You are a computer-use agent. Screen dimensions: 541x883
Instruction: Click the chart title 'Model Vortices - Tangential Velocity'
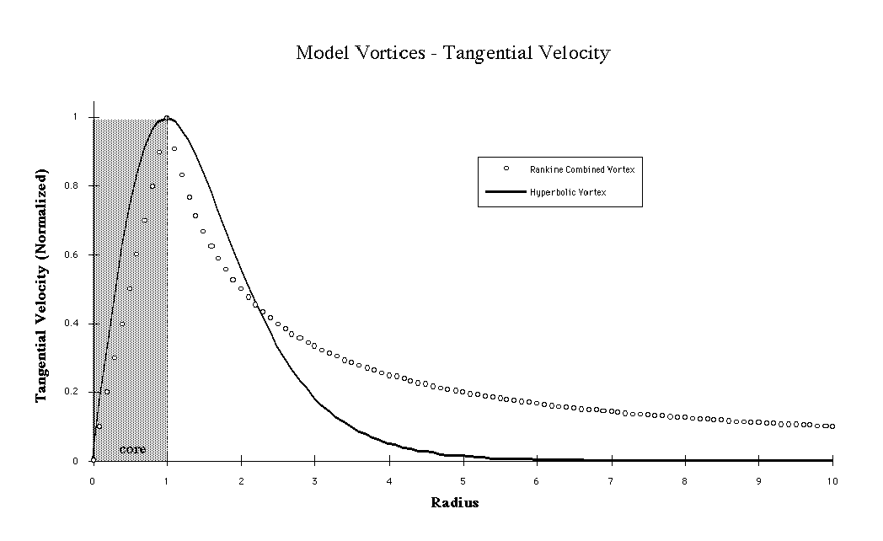[452, 53]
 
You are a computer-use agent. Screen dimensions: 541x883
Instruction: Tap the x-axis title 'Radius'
[454, 503]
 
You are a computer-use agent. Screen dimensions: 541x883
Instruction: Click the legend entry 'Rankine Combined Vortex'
[581, 169]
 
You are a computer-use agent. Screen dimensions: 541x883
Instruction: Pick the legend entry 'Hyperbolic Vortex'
[568, 193]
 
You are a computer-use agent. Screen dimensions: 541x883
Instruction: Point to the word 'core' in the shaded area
[132, 449]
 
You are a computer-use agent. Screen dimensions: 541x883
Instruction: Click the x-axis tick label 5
[463, 481]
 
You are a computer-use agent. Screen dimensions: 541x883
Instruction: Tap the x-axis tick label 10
[832, 481]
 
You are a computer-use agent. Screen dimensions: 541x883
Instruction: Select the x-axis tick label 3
[314, 481]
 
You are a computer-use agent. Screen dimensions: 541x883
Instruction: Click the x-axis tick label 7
[611, 481]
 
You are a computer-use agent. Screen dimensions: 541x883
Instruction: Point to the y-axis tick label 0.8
[77, 185]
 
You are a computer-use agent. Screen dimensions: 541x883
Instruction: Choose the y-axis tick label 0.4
[77, 324]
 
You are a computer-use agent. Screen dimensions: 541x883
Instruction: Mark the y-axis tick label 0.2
[77, 392]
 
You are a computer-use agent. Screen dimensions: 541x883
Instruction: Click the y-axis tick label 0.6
[77, 254]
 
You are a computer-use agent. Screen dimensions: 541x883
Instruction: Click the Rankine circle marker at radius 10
[832, 426]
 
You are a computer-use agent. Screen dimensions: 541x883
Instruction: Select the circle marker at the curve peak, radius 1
[167, 118]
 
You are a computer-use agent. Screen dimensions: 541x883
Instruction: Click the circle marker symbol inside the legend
[506, 169]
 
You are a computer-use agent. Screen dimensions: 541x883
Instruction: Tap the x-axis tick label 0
[93, 481]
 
